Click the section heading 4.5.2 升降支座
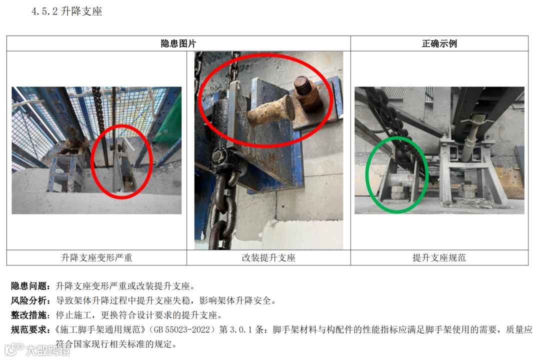tap(67, 11)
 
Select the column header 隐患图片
tap(178, 43)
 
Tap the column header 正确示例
tap(439, 43)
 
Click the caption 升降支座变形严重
tap(97, 257)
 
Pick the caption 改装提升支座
tap(268, 257)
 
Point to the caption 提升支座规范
tap(439, 257)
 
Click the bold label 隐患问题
tap(29, 286)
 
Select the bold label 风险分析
tap(29, 300)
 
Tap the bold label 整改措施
tap(29, 315)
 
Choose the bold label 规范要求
tap(29, 329)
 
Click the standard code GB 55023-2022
tap(182, 329)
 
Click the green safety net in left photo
tap(169, 120)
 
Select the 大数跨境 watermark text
tap(48, 350)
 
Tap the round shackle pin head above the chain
tap(218, 156)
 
